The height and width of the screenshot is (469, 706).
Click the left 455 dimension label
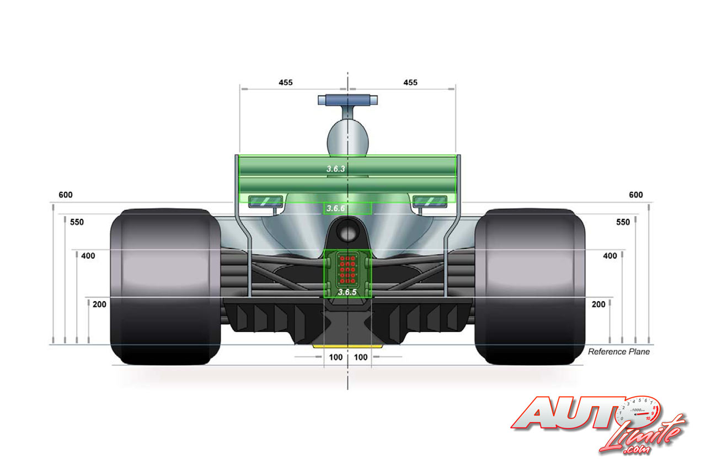click(x=286, y=83)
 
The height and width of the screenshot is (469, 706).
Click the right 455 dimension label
click(x=410, y=83)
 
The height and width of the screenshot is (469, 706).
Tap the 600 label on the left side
click(x=66, y=195)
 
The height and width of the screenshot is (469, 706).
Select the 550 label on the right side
click(x=623, y=222)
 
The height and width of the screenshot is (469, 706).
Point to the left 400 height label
click(x=88, y=256)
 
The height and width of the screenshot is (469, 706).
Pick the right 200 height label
click(x=598, y=305)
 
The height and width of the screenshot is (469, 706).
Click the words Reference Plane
click(x=619, y=352)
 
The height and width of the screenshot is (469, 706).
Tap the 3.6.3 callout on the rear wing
click(x=336, y=169)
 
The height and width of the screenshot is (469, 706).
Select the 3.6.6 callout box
click(x=347, y=209)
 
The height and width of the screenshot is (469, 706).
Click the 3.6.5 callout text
click(x=347, y=292)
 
